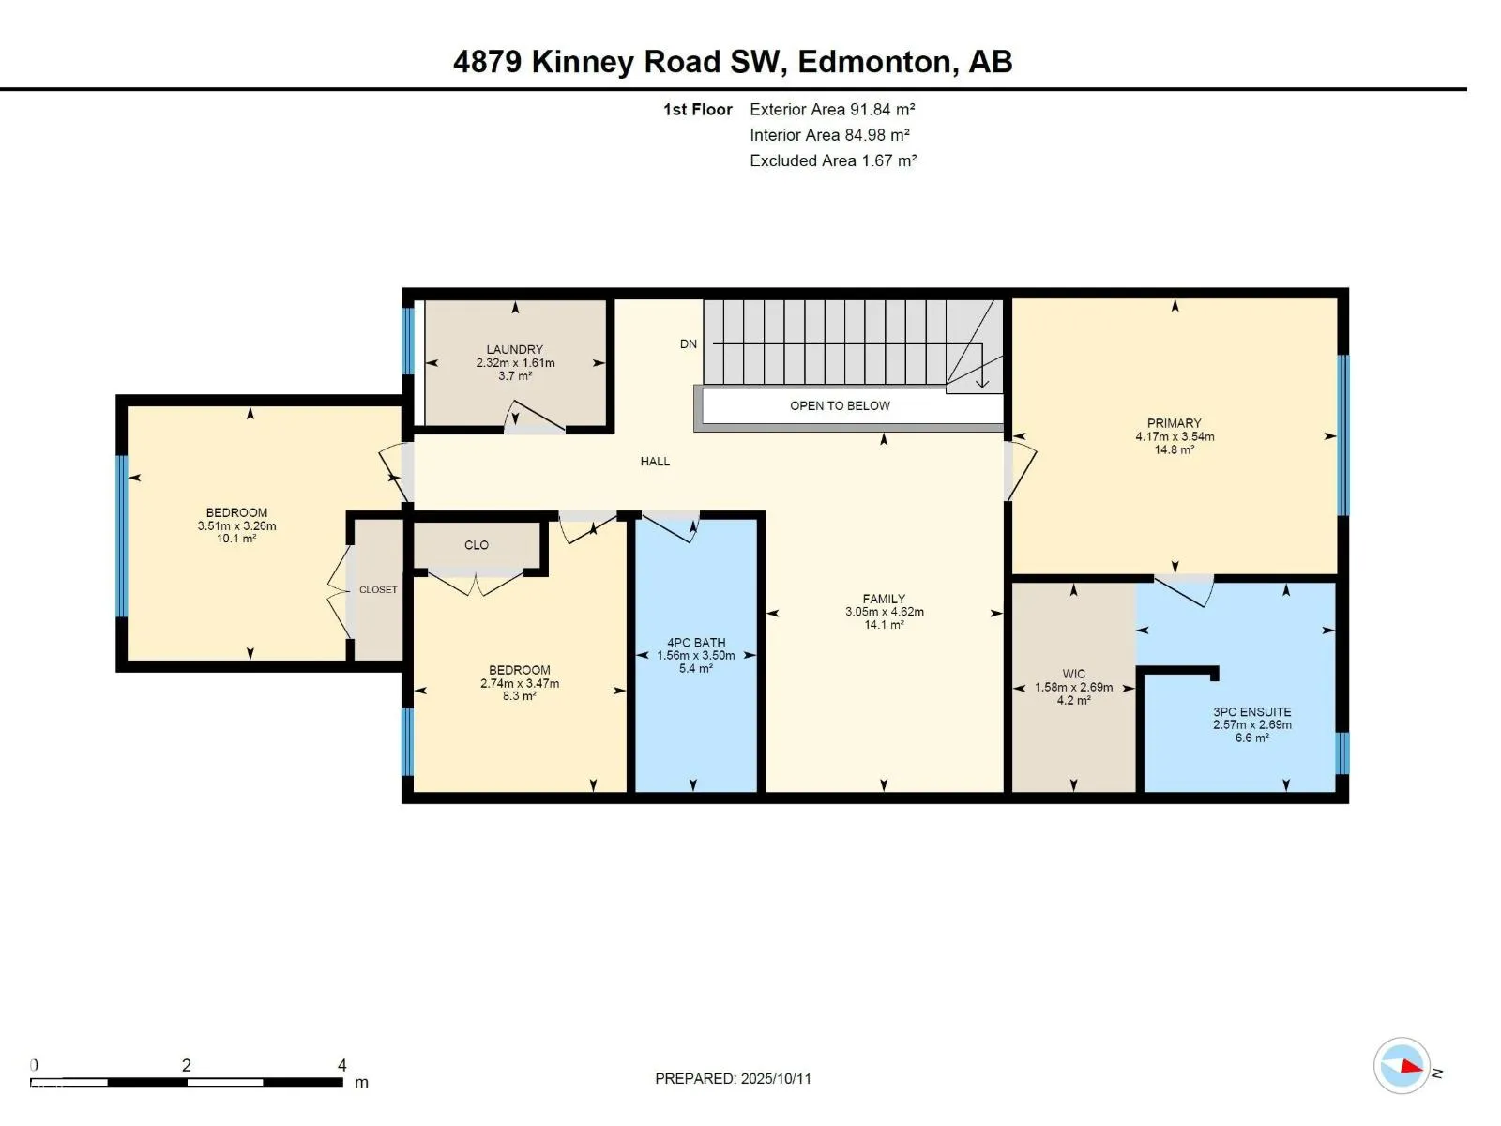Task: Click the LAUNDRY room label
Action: (x=514, y=349)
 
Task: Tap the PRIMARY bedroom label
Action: (x=1175, y=423)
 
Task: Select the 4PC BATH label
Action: (x=696, y=643)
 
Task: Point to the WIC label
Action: (x=1073, y=674)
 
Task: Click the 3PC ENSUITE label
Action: (x=1252, y=711)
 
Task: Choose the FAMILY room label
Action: (x=885, y=599)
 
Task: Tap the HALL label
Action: (x=655, y=462)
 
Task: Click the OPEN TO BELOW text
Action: (x=840, y=406)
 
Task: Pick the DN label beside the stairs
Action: (x=689, y=343)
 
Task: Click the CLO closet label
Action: (x=477, y=545)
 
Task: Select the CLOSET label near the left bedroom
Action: (x=378, y=590)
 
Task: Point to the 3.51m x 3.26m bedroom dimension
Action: (x=236, y=525)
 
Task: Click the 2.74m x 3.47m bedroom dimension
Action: (x=520, y=684)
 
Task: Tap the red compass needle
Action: (x=1411, y=1066)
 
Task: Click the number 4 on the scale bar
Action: (x=341, y=1065)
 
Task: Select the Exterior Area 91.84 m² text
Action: (x=832, y=110)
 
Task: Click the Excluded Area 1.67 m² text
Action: (x=833, y=160)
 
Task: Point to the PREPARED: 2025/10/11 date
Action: (x=733, y=1079)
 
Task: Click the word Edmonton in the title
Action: (x=874, y=62)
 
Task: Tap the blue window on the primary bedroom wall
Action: (x=1343, y=434)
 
